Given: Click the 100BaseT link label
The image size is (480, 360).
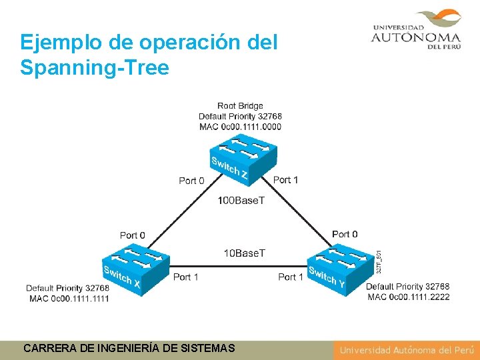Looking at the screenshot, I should pos(241,201).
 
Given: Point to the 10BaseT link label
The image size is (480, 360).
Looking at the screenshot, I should pos(243,253).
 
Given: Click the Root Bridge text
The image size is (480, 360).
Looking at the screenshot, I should pos(240,106).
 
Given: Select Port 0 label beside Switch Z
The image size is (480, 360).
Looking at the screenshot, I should pos(191,181).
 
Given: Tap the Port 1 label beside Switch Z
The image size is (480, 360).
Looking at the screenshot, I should pos(285,180).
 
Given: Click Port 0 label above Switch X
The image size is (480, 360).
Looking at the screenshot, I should pos(132,235).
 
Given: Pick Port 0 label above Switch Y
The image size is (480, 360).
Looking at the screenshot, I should pos(345,234).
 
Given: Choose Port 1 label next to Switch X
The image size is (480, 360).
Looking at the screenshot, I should pos(185,277).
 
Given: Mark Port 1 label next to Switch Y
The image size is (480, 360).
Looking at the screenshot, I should pos(291,277).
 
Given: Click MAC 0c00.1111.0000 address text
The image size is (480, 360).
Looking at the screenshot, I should pos(240,127).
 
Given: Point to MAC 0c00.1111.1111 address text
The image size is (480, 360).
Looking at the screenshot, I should pos(69,299).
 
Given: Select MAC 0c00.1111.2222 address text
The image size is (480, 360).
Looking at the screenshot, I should pos(409,297).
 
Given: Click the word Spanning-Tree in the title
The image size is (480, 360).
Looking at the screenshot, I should pos(95,68).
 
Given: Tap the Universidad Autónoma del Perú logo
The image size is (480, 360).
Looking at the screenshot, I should pos(416,29).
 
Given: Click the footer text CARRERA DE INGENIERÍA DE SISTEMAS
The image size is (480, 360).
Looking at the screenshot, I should pos(129,348).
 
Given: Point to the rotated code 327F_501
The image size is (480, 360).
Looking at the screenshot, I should pos(378,260).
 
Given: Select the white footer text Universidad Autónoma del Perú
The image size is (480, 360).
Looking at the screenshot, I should pos(406,350).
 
